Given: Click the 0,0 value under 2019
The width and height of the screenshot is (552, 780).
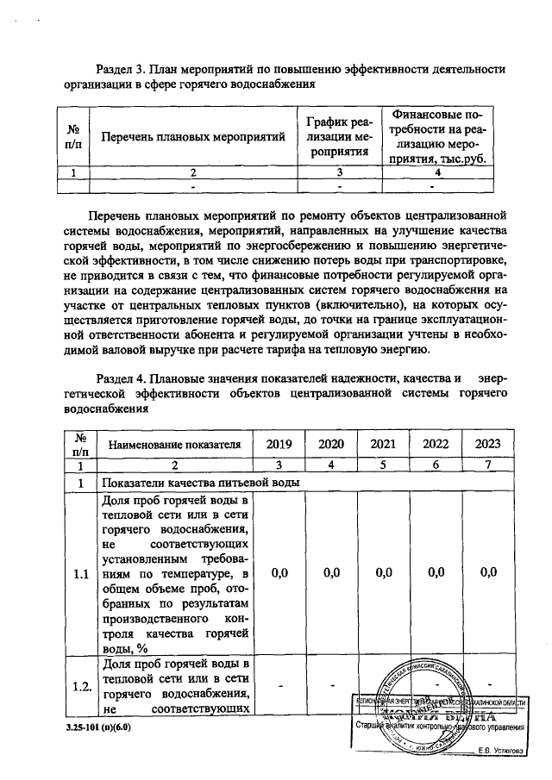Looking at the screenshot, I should coord(279,572).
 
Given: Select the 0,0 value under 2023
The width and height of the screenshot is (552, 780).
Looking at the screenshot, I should coord(488,572).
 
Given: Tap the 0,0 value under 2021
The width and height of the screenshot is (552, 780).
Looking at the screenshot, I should coord(384,572).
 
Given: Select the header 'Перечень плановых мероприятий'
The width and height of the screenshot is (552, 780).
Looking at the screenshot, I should coord(193,137).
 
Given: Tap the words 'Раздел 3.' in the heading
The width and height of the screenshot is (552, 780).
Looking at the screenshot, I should coord(119,68).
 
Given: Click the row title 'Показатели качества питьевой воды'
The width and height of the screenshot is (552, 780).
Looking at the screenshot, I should coord(200,484).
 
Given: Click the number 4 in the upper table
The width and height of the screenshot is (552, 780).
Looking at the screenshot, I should coord(438,172).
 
